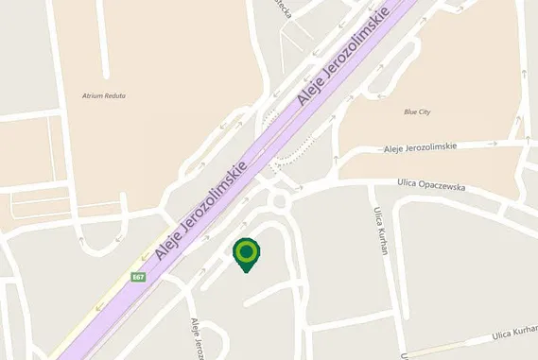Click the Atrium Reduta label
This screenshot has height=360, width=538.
tap(105, 95)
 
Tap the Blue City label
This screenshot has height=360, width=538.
tap(417, 111)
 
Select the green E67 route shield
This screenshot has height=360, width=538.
tap(138, 277)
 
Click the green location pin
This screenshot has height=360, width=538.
tap(247, 252)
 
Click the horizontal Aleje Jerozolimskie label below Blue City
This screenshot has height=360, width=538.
tap(421, 147)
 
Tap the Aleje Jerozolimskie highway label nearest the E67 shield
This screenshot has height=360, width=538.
tap(200, 211)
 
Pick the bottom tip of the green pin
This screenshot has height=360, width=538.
tap(247, 272)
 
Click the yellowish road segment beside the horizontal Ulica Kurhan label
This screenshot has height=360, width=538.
tap(454, 345)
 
